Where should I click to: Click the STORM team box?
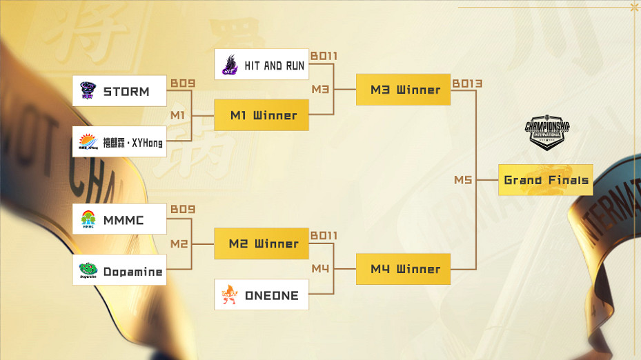point(119,91)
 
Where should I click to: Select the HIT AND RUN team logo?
point(229,65)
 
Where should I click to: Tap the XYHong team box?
point(119,142)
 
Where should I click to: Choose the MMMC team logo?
point(88,219)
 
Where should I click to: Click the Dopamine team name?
point(133,271)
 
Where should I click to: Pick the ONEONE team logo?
point(229,295)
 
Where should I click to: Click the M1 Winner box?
point(262,115)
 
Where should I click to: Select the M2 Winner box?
point(262,243)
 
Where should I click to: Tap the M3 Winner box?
point(404,90)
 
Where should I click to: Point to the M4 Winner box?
point(404,269)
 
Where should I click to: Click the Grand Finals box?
point(546,180)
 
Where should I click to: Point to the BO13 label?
point(467,83)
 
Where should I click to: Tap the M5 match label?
point(463,180)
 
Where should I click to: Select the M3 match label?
point(320,89)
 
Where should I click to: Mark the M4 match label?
point(320,268)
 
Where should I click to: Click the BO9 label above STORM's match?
point(183,83)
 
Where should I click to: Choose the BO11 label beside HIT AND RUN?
point(324,56)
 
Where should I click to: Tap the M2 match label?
point(179,243)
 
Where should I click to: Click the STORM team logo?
point(88,91)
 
